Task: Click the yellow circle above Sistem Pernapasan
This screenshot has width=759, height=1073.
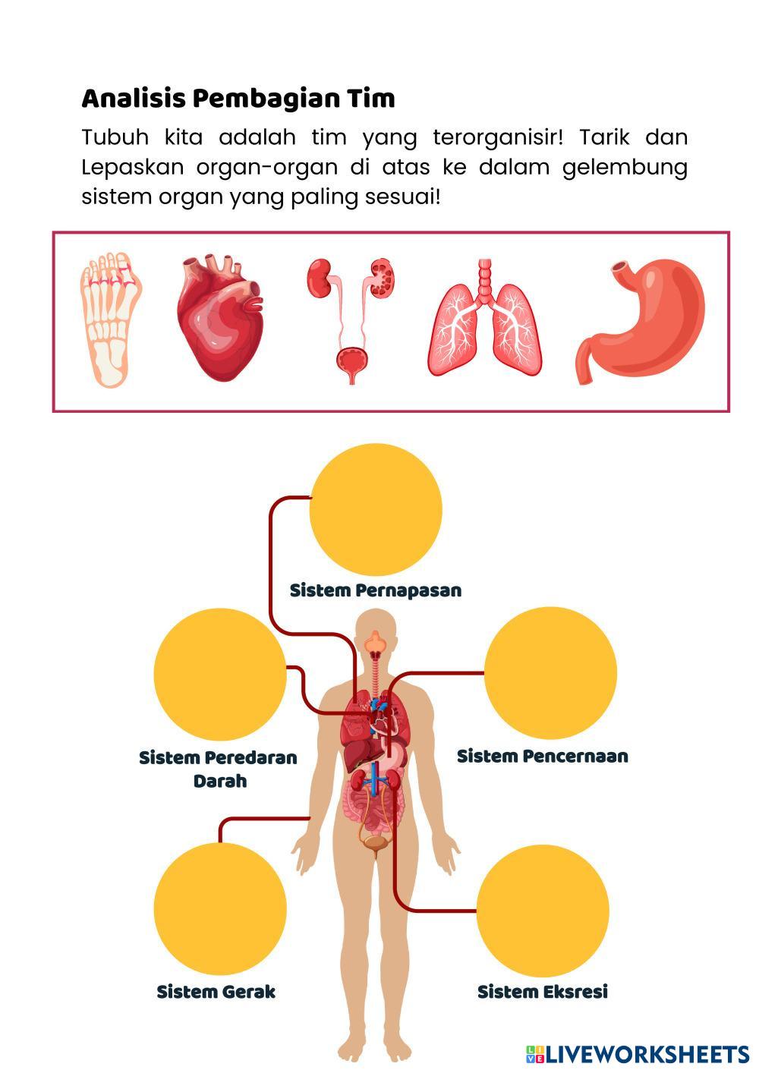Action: pyautogui.click(x=376, y=509)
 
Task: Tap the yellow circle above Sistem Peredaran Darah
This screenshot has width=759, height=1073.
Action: pyautogui.click(x=220, y=673)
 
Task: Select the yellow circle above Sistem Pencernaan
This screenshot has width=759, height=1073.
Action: pyautogui.click(x=550, y=673)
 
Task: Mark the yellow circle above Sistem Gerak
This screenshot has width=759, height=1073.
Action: pyautogui.click(x=220, y=908)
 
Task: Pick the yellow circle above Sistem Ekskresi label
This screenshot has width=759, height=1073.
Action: pyautogui.click(x=543, y=910)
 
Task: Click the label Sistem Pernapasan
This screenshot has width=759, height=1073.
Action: pyautogui.click(x=376, y=590)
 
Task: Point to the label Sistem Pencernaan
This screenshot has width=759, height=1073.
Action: pyautogui.click(x=542, y=756)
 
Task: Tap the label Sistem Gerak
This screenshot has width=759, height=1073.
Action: pyautogui.click(x=216, y=992)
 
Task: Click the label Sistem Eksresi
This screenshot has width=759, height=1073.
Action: pyautogui.click(x=543, y=992)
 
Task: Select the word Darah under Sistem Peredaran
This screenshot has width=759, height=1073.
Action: pyautogui.click(x=220, y=781)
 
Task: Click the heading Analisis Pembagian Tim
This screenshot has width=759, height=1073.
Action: pyautogui.click(x=238, y=99)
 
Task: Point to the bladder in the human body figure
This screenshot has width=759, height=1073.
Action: pyautogui.click(x=375, y=842)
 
